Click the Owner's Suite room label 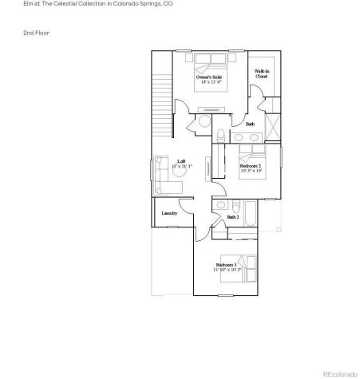pos(210,77)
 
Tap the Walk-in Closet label pos(261,73)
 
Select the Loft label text pos(181,161)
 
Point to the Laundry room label pos(168,213)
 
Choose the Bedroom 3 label pos(227,265)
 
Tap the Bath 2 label pos(233,217)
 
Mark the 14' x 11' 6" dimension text pos(211,82)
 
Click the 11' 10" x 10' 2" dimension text pos(227,270)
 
